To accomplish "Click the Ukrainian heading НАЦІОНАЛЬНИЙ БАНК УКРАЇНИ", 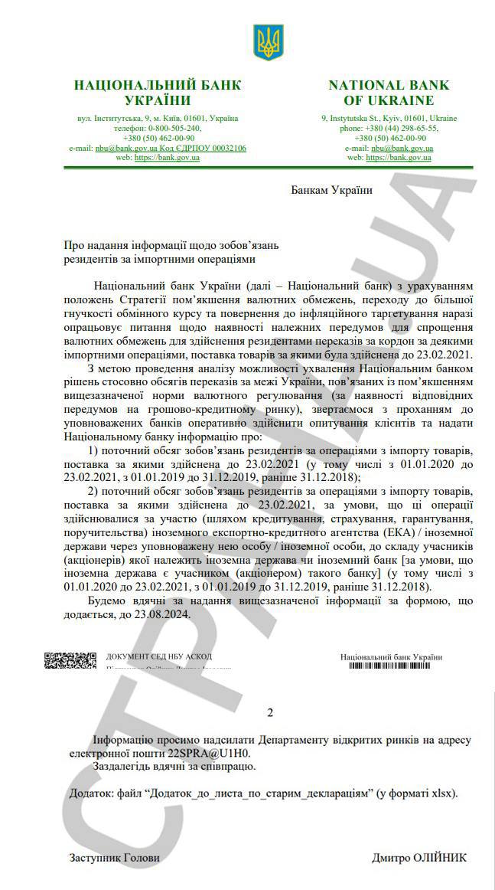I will pos(158,93).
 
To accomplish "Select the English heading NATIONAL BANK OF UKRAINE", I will pos(389,93).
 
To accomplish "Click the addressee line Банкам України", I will pos(331,190).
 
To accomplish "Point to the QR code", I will pos(70,659).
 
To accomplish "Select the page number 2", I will pos(269,713).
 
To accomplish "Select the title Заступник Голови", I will pos(115,858).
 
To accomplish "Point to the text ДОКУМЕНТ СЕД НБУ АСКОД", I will pos(158,656).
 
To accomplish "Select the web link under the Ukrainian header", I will pos(167,157).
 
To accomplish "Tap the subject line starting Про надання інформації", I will pos(173,245).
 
